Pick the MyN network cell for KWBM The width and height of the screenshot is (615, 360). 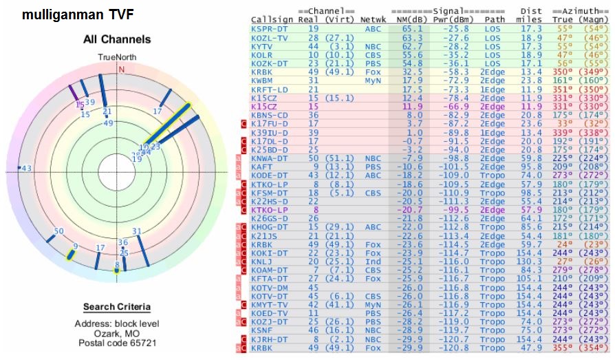point(371,80)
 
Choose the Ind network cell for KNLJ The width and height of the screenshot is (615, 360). point(371,262)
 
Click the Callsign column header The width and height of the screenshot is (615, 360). point(272,20)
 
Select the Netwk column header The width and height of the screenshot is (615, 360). point(374,20)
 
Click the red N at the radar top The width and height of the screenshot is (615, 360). point(121,69)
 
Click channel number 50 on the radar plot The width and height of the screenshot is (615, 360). point(58,231)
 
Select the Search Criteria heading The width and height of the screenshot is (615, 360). point(117,307)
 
